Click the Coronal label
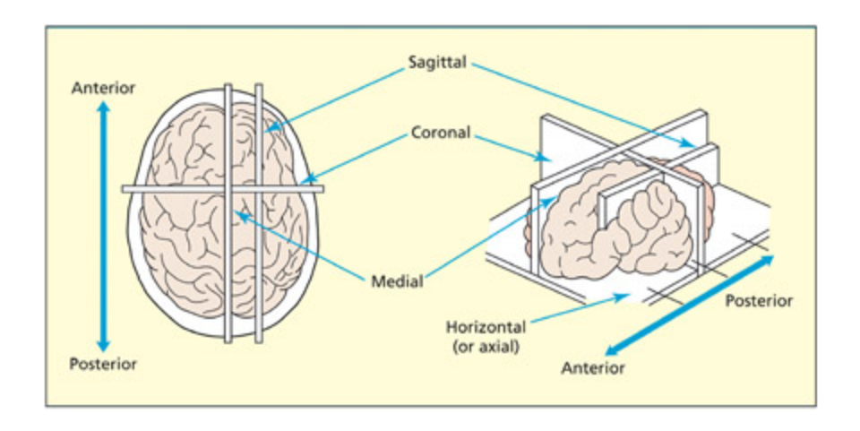[x=441, y=134]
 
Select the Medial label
[x=397, y=281]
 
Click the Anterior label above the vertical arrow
[x=103, y=88]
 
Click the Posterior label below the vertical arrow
[x=103, y=364]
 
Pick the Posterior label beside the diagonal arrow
[x=759, y=301]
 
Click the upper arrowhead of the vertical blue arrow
[x=103, y=108]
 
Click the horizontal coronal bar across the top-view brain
[x=179, y=189]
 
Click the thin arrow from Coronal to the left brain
[x=358, y=159]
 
